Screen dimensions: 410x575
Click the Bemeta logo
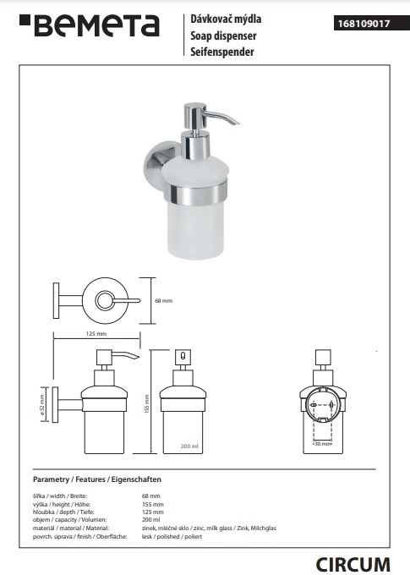[89, 25]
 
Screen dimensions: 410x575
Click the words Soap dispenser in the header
[223, 36]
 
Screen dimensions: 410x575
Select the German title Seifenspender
[221, 52]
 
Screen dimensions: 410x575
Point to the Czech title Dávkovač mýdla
[226, 19]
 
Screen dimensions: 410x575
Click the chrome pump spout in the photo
[223, 116]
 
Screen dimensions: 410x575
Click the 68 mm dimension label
[163, 301]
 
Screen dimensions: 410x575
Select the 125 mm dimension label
[96, 334]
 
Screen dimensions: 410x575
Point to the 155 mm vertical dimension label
[146, 404]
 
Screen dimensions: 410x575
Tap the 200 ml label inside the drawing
[189, 446]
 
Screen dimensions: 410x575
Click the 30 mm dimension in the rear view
[322, 444]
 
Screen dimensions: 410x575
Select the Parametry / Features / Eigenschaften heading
[97, 479]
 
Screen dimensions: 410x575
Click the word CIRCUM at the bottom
[353, 565]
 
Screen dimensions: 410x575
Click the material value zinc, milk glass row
[209, 528]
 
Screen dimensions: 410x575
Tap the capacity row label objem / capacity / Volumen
[69, 520]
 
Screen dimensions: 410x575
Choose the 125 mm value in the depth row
[152, 512]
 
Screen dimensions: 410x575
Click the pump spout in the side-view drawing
[125, 356]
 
